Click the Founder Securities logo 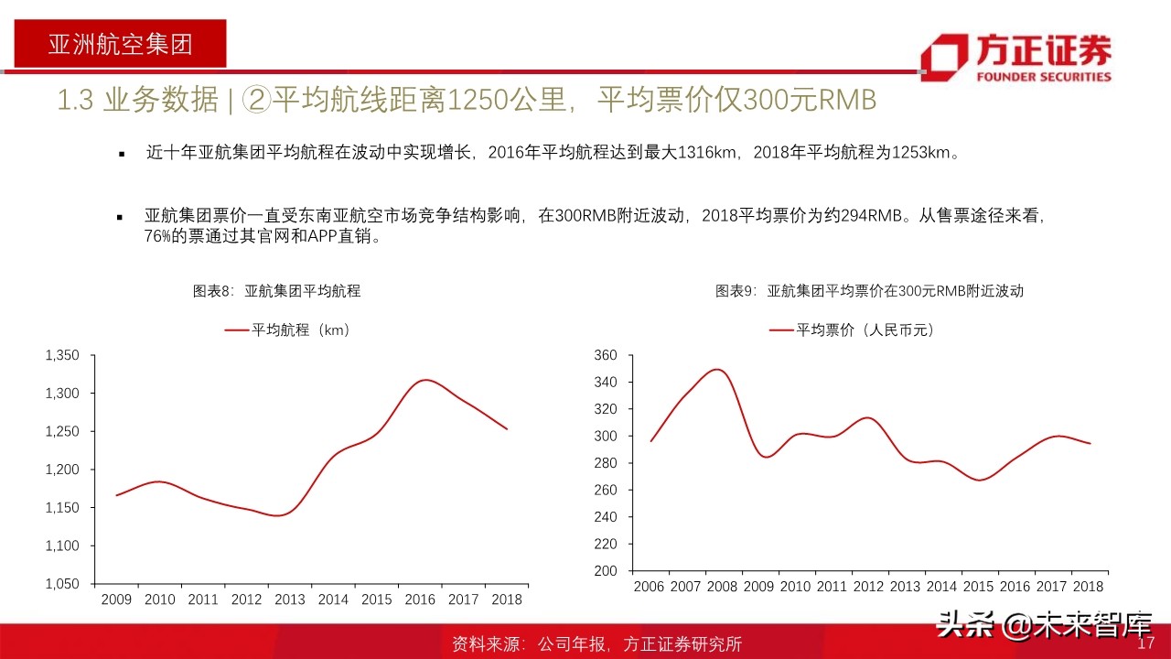1015,57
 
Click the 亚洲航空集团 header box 120,44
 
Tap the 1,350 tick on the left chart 62,355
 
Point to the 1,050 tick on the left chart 62,583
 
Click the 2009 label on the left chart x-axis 116,600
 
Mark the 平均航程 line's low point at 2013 277,515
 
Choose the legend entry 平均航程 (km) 288,330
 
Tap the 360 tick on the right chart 607,355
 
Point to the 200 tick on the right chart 607,570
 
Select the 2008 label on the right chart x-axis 723,586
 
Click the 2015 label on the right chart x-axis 979,586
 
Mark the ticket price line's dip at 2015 979,480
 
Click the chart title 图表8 276,291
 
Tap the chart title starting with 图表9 869,291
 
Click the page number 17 1146,644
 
